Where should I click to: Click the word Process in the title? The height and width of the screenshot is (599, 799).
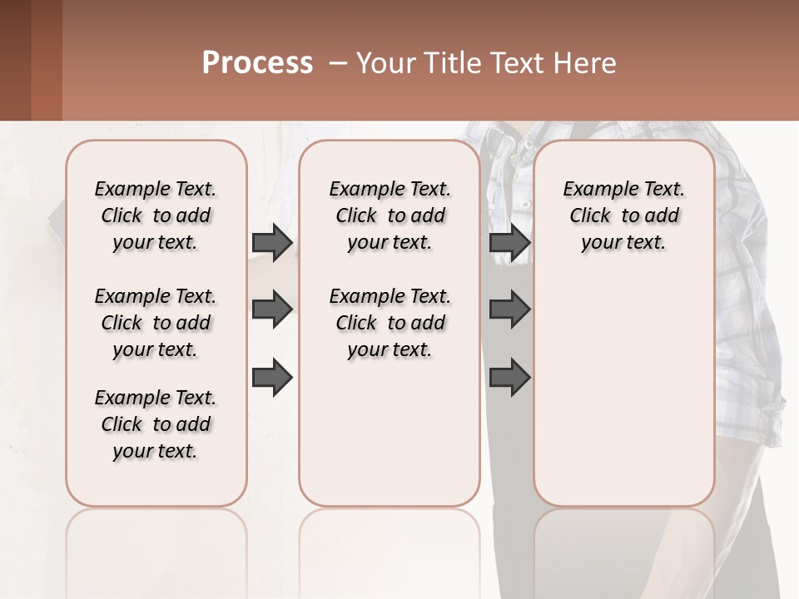[257, 63]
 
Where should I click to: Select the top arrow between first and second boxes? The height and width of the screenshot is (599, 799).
[272, 242]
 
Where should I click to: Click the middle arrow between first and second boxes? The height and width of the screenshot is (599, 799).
[272, 309]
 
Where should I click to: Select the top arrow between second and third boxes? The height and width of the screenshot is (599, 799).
[509, 242]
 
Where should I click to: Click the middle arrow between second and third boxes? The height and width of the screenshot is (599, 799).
[509, 309]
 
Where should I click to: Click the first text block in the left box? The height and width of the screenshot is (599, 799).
[156, 215]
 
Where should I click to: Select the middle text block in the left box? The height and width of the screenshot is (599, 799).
[156, 323]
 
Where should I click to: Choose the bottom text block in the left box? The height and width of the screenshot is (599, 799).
[156, 424]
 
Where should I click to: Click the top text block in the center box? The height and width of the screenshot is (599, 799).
[390, 215]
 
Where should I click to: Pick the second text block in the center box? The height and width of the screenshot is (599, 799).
[390, 323]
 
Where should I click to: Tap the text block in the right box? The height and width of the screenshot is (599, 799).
[623, 215]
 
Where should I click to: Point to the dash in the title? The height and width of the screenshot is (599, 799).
[337, 63]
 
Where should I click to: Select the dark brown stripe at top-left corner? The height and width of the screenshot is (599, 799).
[15, 60]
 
